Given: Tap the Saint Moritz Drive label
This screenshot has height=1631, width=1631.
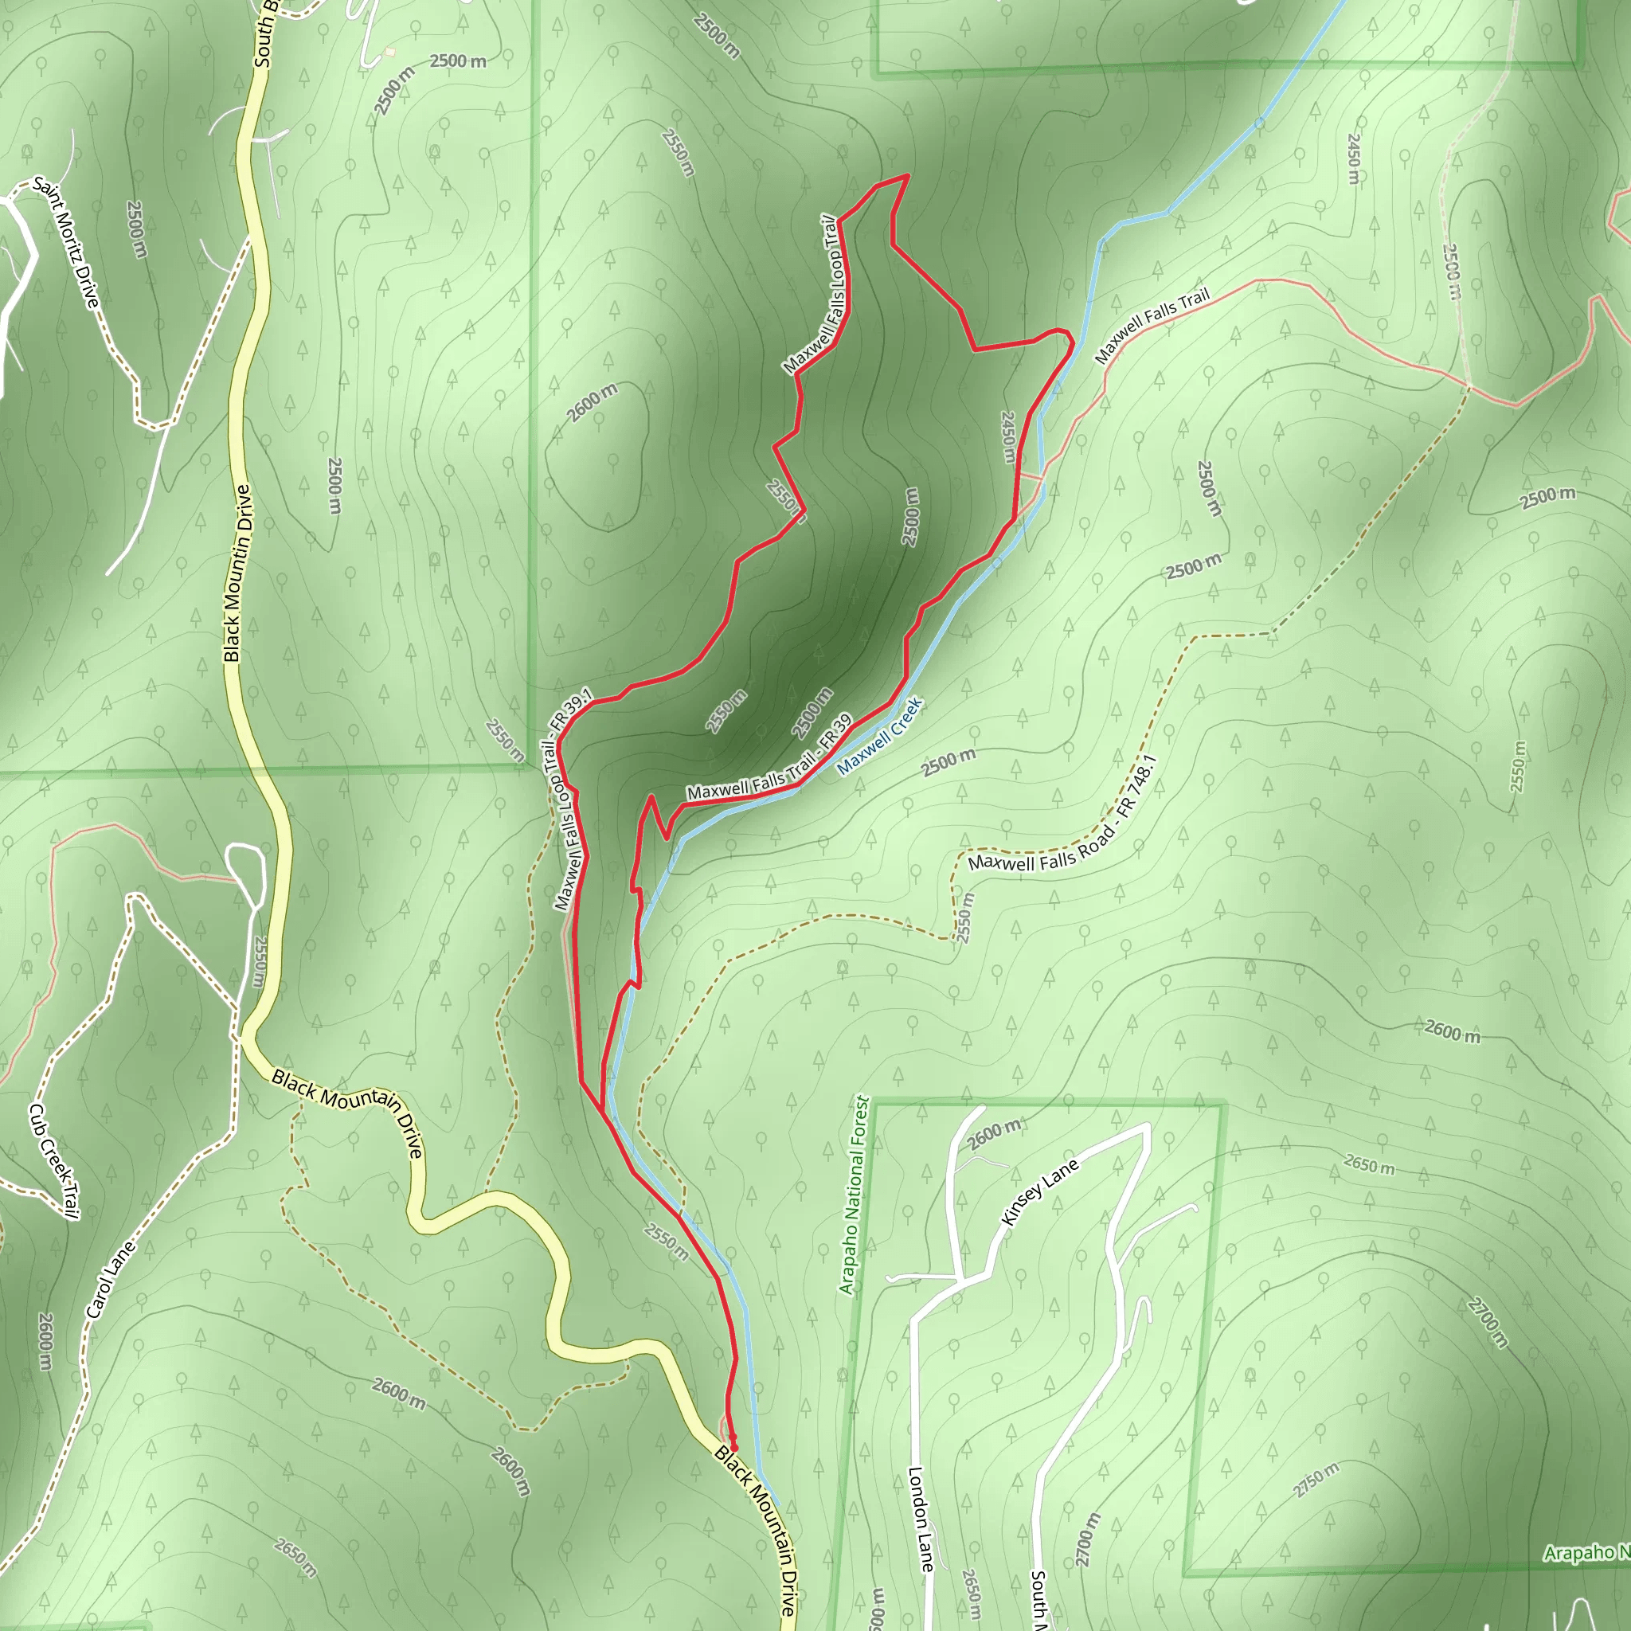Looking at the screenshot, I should tap(67, 242).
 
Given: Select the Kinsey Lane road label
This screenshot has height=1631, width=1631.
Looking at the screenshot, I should tap(1040, 1191).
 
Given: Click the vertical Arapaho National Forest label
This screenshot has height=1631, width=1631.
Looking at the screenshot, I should tap(853, 1195).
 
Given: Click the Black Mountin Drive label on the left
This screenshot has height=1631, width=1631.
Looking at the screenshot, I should tap(238, 573).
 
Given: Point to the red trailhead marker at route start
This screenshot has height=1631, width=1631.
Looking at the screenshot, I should tap(733, 1447).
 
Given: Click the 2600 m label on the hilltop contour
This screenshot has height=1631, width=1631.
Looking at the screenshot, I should tap(592, 402).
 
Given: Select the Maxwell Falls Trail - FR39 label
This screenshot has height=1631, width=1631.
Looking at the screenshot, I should tap(769, 759).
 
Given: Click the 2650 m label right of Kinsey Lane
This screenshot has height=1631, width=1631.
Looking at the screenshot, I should tap(1369, 1166).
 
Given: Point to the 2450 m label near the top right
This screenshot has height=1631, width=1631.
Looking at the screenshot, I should tap(1353, 158).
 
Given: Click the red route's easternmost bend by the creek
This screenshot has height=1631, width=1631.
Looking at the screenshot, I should tap(1070, 340).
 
